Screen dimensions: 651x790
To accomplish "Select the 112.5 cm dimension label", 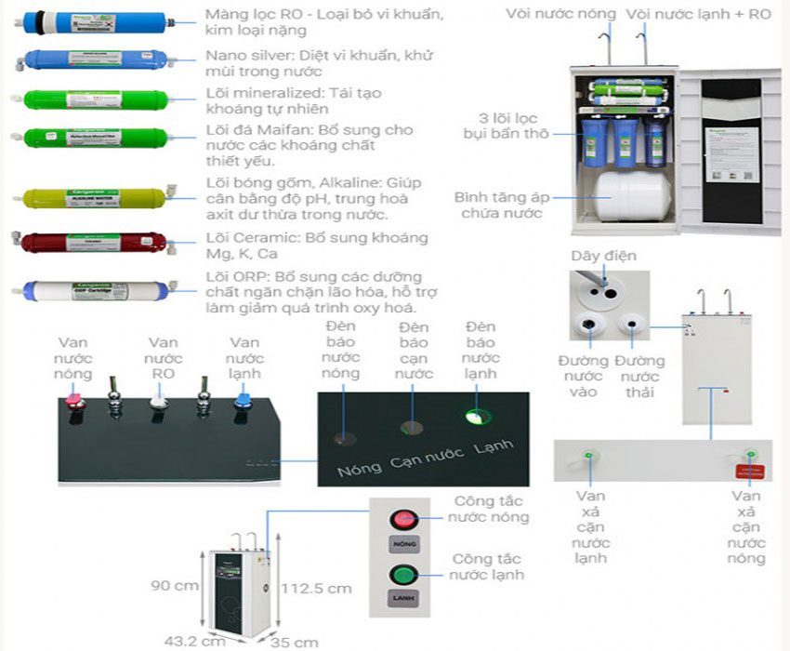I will (316, 588).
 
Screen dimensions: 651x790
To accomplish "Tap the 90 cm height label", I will (174, 586).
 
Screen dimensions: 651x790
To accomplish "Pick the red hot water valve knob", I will (72, 400).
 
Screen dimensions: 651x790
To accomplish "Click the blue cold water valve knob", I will (244, 400).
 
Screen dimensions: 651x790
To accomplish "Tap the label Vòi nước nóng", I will (560, 13).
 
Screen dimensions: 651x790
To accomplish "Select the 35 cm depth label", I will (295, 642).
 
